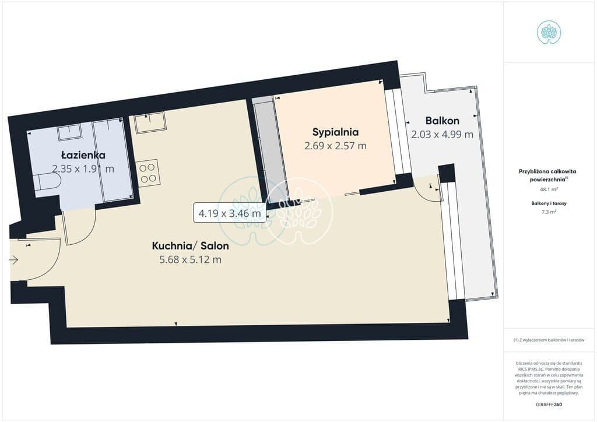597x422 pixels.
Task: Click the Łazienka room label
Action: (x=83, y=155)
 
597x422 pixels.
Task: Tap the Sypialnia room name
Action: (x=335, y=132)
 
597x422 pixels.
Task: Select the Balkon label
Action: (x=442, y=121)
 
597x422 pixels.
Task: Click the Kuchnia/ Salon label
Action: (x=191, y=246)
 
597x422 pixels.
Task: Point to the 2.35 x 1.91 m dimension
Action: (x=83, y=168)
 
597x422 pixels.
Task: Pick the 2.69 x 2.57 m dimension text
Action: (x=335, y=146)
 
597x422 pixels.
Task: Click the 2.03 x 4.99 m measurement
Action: (x=443, y=134)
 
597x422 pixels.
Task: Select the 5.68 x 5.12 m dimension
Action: (x=191, y=259)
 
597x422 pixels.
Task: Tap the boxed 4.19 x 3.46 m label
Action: (x=230, y=213)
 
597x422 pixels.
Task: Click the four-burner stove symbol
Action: (x=148, y=173)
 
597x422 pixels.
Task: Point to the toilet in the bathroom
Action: (x=47, y=182)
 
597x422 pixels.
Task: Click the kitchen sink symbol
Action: (x=150, y=122)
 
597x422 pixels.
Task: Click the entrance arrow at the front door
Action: (x=13, y=261)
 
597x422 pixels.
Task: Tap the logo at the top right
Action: (x=549, y=33)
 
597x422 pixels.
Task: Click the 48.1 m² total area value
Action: (x=549, y=189)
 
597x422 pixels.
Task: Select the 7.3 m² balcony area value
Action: (x=549, y=212)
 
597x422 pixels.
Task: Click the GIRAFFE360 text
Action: (x=549, y=405)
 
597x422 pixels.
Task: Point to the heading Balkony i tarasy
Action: (x=549, y=203)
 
